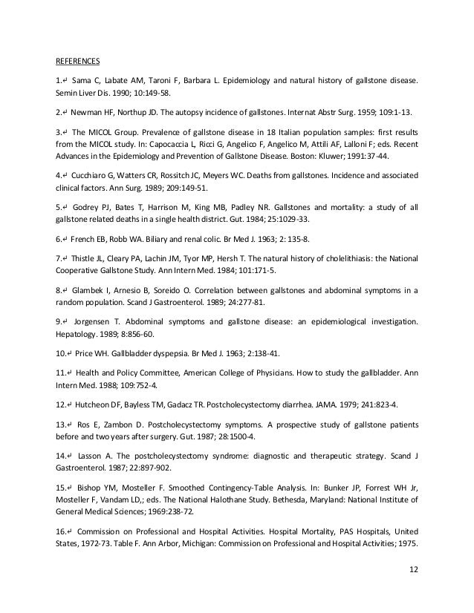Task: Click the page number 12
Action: coord(412,589)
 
